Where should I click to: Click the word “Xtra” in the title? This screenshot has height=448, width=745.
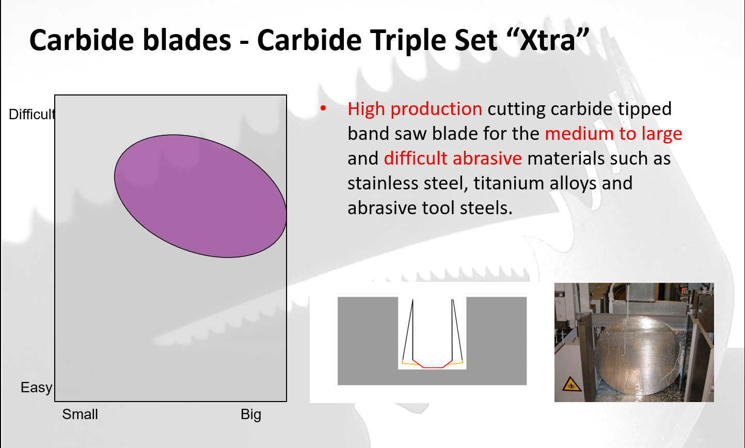[547, 40]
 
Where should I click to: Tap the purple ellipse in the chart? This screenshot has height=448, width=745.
[200, 196]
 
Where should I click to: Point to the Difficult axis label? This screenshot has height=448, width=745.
[32, 115]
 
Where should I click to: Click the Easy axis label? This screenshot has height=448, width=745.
[37, 388]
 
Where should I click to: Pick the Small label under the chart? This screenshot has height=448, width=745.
[80, 414]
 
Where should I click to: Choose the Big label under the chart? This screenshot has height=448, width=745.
[251, 415]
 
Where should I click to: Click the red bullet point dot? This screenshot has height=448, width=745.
[323, 108]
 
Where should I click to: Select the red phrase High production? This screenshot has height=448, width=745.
[415, 109]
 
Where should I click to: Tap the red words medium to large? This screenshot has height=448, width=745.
[613, 133]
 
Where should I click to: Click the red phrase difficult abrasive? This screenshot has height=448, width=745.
[453, 158]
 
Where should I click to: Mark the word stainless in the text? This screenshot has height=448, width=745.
[383, 183]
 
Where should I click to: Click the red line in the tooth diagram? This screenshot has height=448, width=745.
[432, 364]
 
